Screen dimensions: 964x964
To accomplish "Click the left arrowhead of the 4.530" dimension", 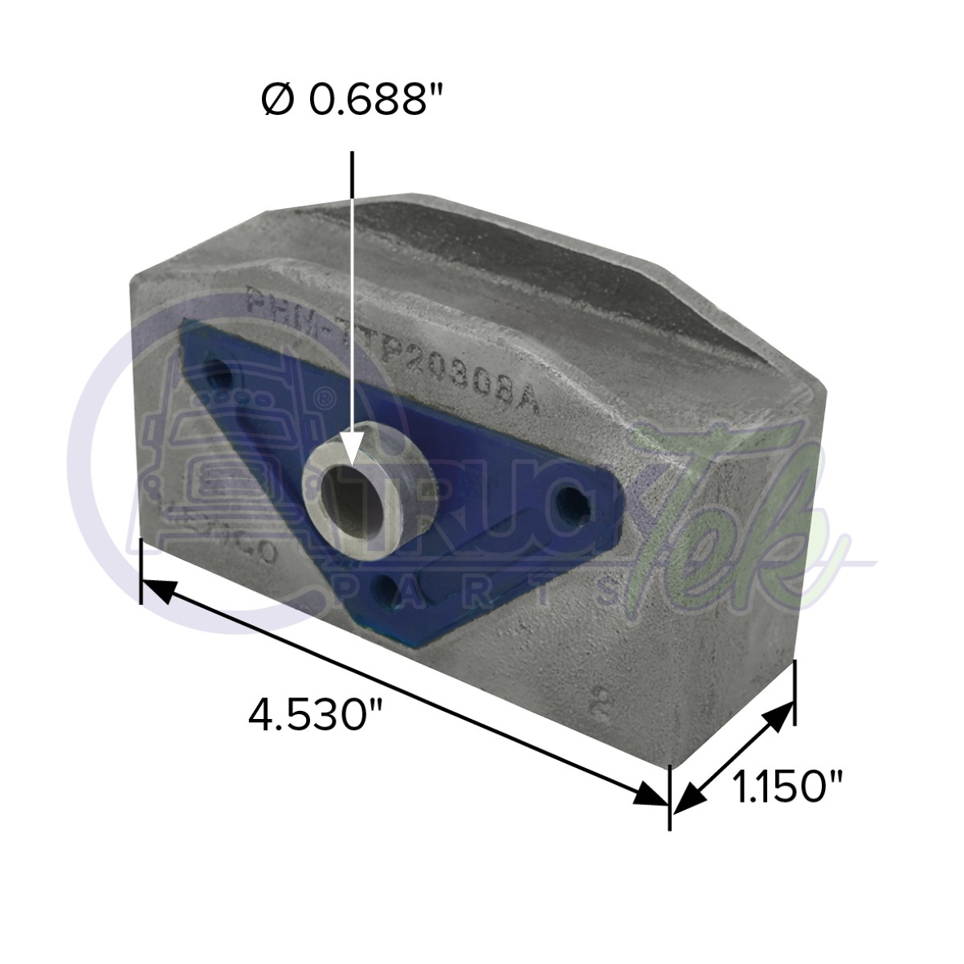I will point(157,591).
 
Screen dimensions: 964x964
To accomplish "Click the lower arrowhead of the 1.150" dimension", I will point(685,799).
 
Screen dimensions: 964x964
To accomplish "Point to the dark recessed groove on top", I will point(514,265).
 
